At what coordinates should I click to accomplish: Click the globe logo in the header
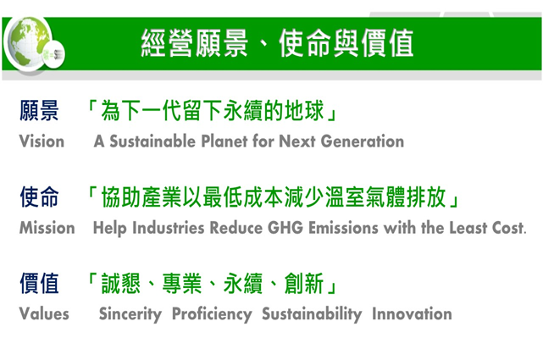pos(30,43)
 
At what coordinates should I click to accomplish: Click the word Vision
pos(42,141)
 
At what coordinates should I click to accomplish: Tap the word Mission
pos(47,228)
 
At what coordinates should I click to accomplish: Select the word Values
pos(44,313)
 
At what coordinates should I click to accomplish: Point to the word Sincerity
pos(130,314)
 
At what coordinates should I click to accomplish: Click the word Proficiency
pos(212,314)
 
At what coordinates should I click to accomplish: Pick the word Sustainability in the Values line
pos(312,314)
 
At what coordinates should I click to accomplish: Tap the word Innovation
pos(412,313)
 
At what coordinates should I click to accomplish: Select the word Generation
pos(363,141)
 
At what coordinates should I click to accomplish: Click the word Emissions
pos(343,228)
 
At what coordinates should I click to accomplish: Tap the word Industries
pos(169,228)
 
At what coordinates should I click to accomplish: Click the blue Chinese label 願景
pos(39,110)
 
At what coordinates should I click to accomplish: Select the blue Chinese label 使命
pos(39,197)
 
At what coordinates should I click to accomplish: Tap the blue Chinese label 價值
pos(39,283)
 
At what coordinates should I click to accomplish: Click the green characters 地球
pos(304,110)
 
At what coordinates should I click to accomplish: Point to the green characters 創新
pos(304,283)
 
